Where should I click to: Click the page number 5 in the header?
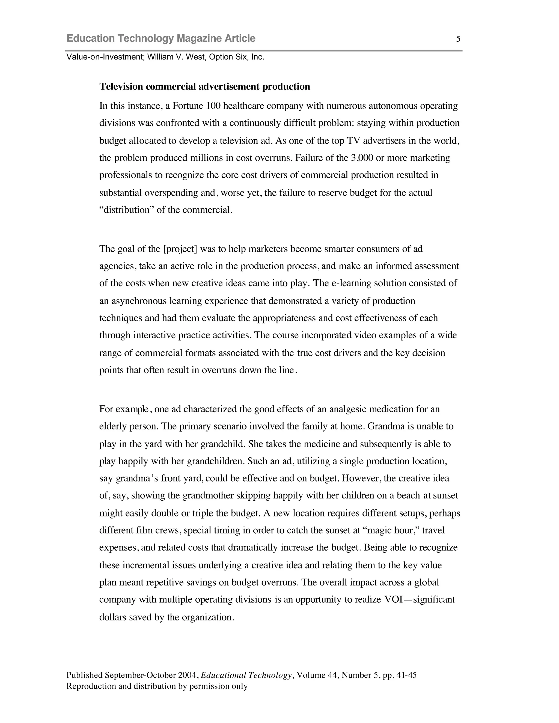pyautogui.click(x=458, y=39)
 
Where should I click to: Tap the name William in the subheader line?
pyautogui.click(x=160, y=57)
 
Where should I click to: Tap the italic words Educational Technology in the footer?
pyautogui.click(x=246, y=675)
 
